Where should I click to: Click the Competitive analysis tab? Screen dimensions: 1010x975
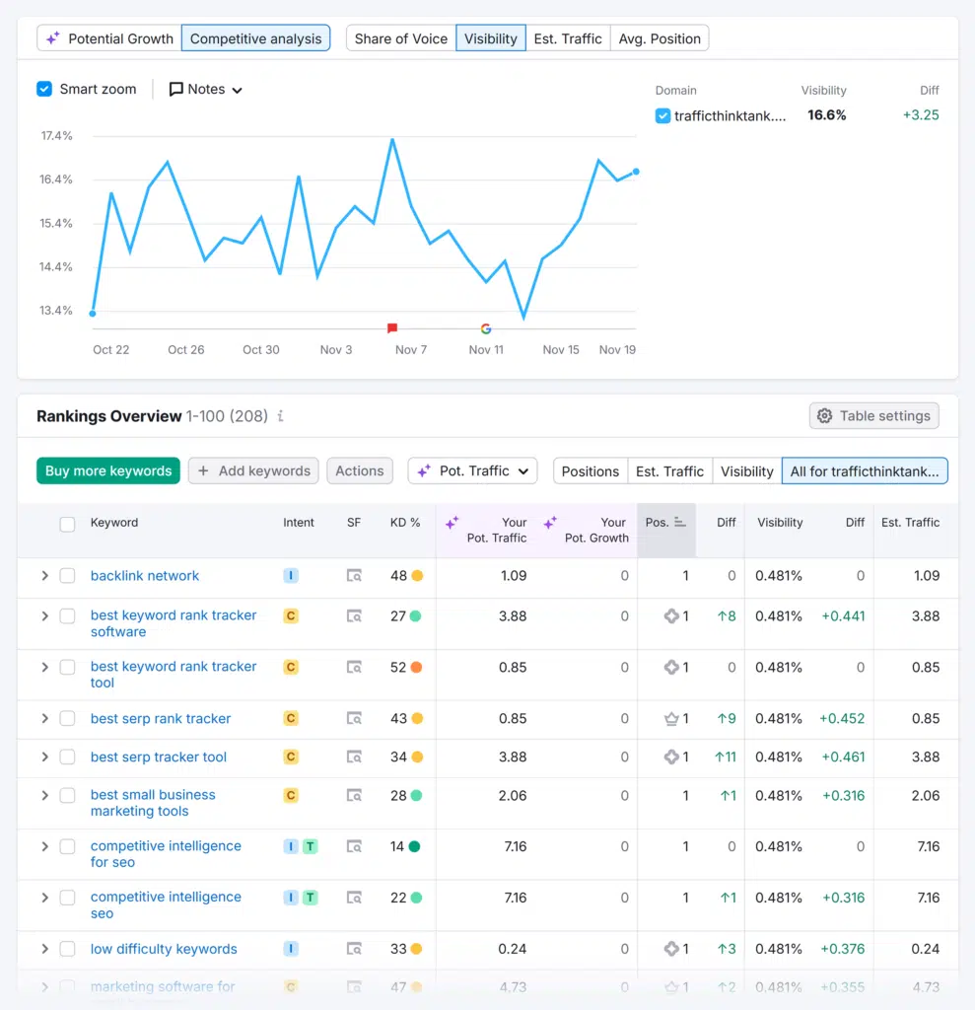click(x=255, y=38)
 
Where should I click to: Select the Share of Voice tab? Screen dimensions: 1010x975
click(x=400, y=38)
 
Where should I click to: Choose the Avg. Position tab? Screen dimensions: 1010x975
click(x=660, y=38)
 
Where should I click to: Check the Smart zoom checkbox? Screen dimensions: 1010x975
click(x=44, y=89)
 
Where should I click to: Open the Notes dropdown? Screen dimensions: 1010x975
click(x=205, y=89)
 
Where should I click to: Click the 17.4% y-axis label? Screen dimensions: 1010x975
click(x=56, y=135)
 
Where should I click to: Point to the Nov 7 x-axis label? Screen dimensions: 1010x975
click(x=410, y=349)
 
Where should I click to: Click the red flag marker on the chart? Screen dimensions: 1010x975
click(x=392, y=327)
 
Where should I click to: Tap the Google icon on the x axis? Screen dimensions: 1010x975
click(x=485, y=328)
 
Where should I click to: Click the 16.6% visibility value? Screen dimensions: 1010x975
click(x=826, y=115)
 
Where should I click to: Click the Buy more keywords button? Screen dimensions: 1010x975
click(x=108, y=470)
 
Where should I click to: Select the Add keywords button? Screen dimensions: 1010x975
click(x=253, y=470)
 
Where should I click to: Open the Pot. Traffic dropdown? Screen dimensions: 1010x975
click(x=473, y=470)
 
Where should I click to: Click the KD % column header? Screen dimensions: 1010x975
click(x=405, y=523)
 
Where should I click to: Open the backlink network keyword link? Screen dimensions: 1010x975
click(x=145, y=575)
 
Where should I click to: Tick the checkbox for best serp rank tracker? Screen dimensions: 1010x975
click(x=67, y=718)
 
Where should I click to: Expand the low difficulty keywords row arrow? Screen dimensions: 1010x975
click(x=44, y=949)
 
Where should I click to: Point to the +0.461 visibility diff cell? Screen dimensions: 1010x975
click(x=842, y=757)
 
